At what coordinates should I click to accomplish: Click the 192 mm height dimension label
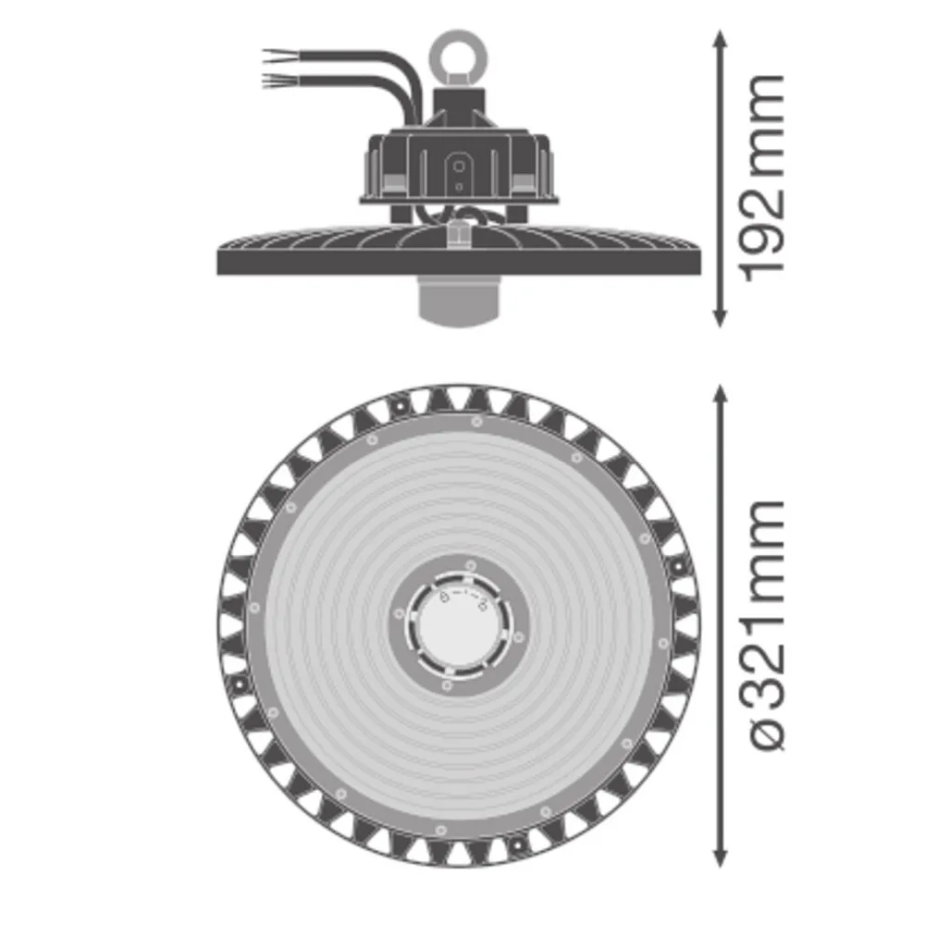coord(763,179)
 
